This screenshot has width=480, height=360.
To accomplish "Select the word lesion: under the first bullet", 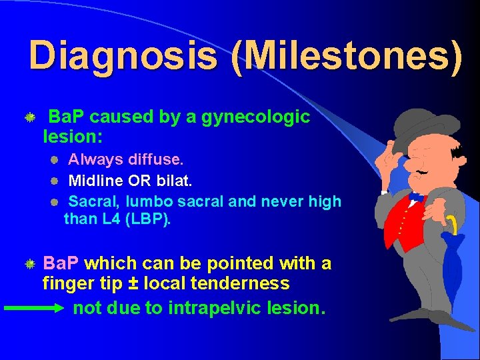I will click(x=72, y=137).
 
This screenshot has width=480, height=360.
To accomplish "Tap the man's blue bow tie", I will click(x=417, y=198).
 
